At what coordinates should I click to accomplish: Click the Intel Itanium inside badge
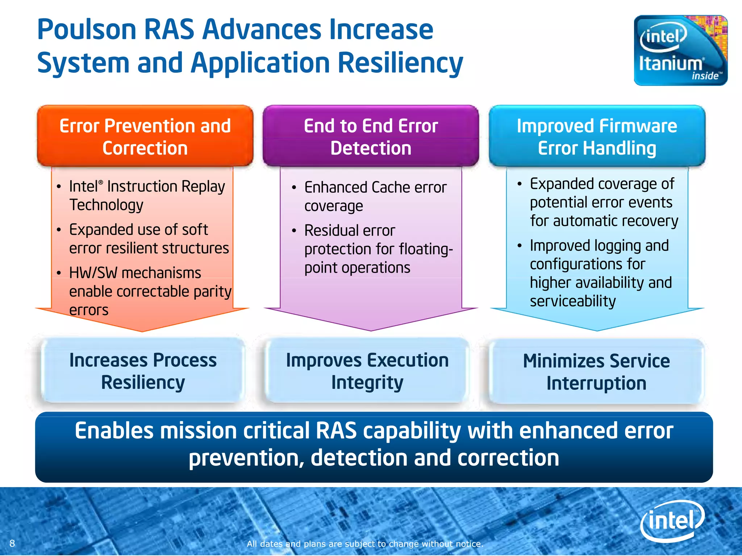coord(680,50)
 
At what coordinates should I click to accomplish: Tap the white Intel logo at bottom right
coord(672,521)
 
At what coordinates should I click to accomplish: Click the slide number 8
coord(12,543)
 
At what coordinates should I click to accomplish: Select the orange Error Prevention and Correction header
coord(145,136)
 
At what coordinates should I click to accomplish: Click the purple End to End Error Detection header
coord(371,136)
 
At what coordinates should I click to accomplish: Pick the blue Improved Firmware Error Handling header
coord(597,136)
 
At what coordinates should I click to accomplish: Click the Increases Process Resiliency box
coord(143,371)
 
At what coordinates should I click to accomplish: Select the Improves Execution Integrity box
coord(367,371)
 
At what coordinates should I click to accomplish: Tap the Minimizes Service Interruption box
coord(596,372)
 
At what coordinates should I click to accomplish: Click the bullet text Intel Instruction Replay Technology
coord(147,195)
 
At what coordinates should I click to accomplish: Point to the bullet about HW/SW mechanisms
coord(150,291)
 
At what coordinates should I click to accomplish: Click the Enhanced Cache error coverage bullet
coord(375,197)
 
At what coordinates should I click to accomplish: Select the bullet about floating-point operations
coord(378,249)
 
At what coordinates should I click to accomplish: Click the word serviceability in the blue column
coord(572,301)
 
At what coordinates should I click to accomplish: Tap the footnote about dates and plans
coord(365,544)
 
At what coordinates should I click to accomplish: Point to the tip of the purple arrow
coord(371,329)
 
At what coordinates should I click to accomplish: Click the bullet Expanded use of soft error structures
coord(149,239)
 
